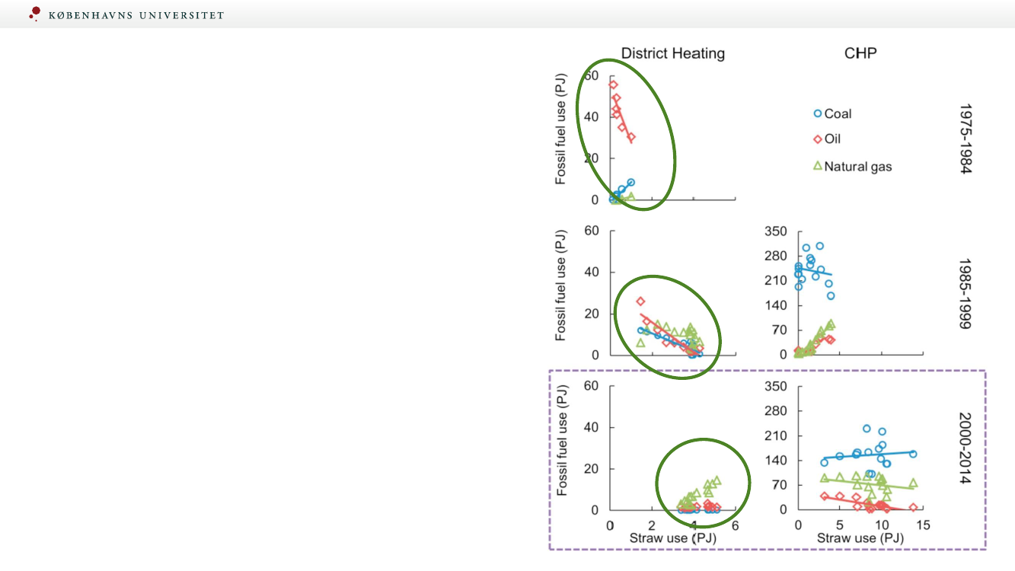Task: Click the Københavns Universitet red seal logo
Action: [x=34, y=13]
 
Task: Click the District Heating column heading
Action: [x=672, y=53]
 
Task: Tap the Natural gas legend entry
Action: [x=852, y=166]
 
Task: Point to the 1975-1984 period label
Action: [x=965, y=139]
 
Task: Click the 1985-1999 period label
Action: [x=965, y=294]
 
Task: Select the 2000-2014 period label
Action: [x=965, y=449]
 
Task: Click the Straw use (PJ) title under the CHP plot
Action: [x=860, y=538]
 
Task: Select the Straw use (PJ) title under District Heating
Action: [x=672, y=538]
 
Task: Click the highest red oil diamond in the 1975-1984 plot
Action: [x=613, y=85]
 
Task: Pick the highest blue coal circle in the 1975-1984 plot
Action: [x=630, y=183]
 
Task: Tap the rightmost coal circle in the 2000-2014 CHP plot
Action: [x=913, y=454]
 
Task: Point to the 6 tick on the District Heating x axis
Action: [x=735, y=525]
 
